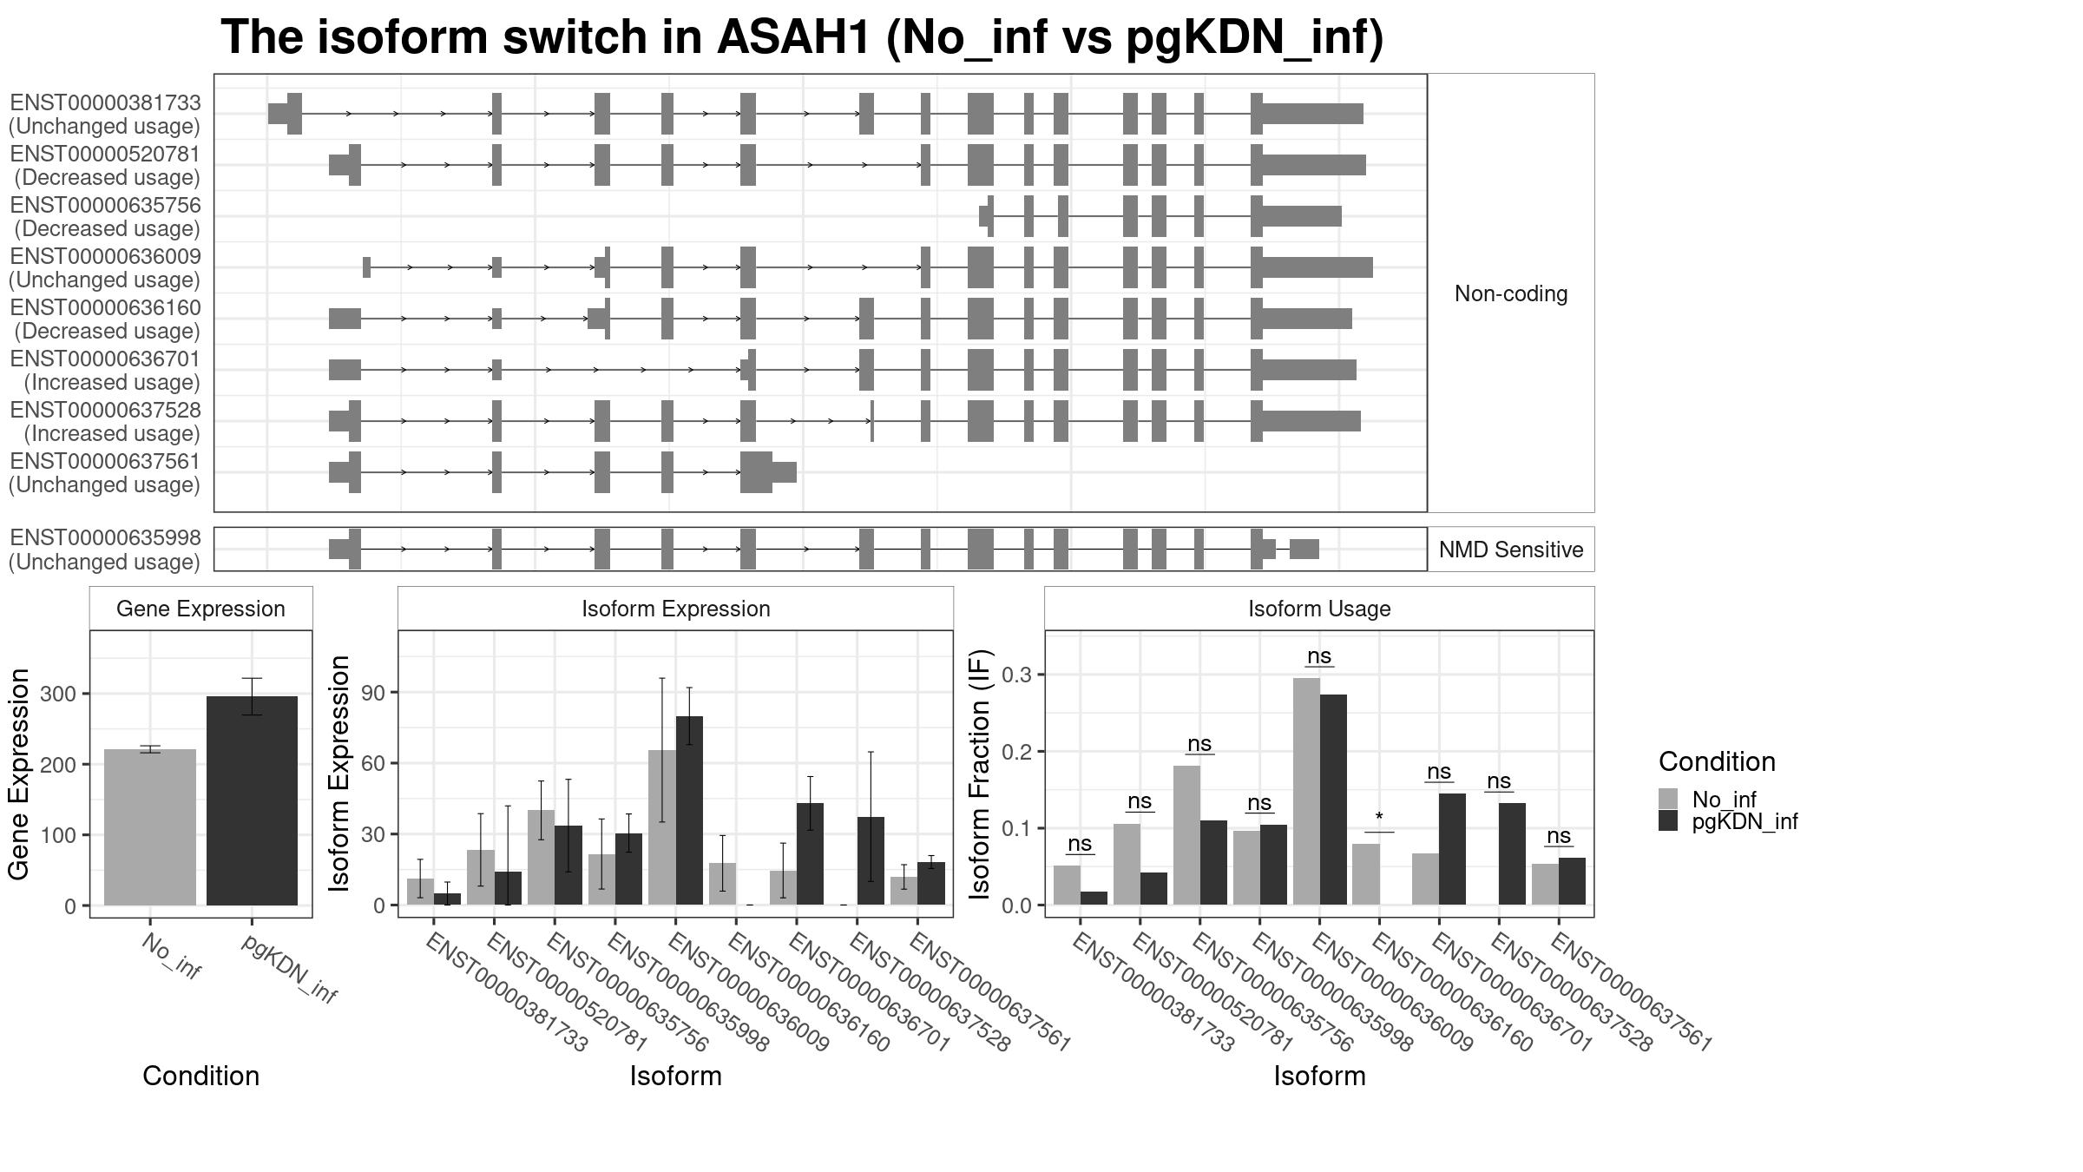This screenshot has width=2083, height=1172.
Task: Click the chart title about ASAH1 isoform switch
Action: pyautogui.click(x=802, y=38)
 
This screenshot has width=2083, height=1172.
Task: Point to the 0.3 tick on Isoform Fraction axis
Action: pyautogui.click(x=1018, y=675)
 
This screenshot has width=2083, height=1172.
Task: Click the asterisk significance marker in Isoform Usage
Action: pyautogui.click(x=1378, y=818)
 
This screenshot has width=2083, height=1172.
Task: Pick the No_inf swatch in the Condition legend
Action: pyautogui.click(x=1668, y=799)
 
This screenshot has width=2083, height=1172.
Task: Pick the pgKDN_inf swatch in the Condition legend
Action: pyautogui.click(x=1668, y=821)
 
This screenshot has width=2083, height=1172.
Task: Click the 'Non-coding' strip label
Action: pyautogui.click(x=1510, y=293)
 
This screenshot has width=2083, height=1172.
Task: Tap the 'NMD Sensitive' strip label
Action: pyautogui.click(x=1510, y=550)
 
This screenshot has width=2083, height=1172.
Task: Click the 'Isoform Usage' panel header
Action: pyautogui.click(x=1319, y=609)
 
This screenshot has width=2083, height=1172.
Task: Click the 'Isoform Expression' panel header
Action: pyautogui.click(x=675, y=609)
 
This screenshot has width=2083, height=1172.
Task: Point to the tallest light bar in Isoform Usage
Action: pyautogui.click(x=1306, y=791)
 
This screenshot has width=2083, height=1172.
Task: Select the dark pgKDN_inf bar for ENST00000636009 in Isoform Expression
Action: pyautogui.click(x=689, y=810)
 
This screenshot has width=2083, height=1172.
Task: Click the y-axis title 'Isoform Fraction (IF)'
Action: pyautogui.click(x=981, y=774)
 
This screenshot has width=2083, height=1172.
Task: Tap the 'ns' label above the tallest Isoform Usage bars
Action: pyautogui.click(x=1318, y=655)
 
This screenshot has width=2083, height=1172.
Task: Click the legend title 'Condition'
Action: pyautogui.click(x=1716, y=761)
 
